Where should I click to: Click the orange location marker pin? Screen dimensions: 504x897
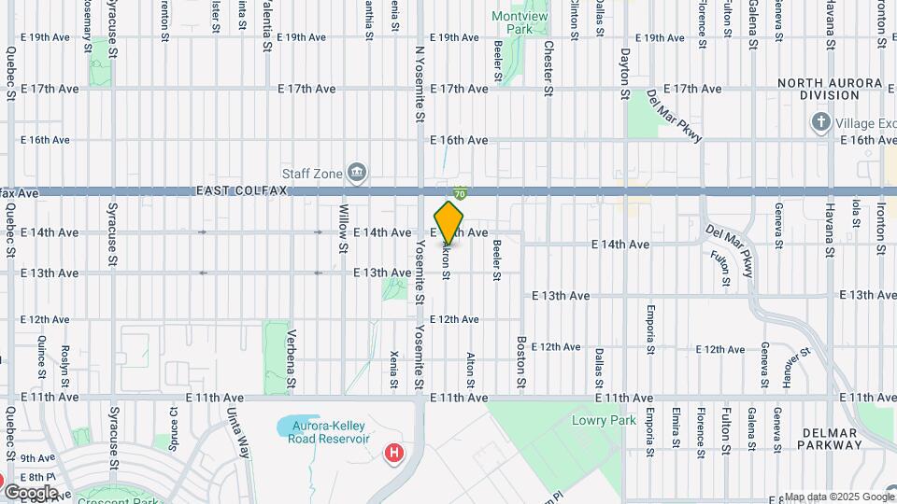[448, 222]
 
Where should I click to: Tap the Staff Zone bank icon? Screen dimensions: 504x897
[356, 172]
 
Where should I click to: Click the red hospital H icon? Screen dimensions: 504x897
[395, 454]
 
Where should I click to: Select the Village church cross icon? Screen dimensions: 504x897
[820, 122]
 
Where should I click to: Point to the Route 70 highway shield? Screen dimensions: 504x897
[460, 192]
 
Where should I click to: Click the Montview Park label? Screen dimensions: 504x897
[513, 22]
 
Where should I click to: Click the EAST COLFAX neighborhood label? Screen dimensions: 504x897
[241, 190]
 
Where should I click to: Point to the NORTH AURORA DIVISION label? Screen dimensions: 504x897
[831, 90]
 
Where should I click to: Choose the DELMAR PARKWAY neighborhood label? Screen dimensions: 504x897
[828, 439]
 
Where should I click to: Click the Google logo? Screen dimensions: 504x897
[30, 492]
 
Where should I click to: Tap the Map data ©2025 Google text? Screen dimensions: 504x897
[838, 497]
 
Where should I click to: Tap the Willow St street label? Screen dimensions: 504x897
[343, 230]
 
